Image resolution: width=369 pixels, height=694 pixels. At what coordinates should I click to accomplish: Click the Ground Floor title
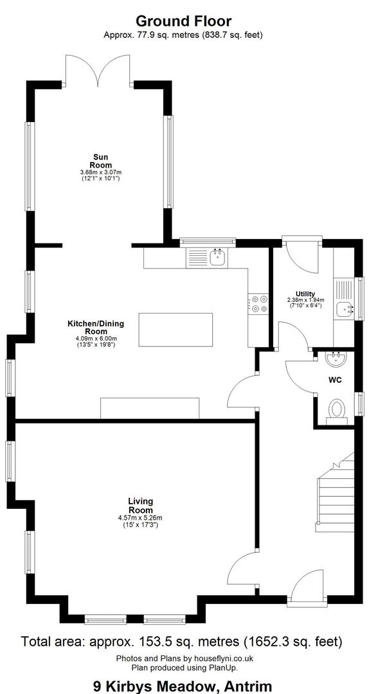click(x=183, y=21)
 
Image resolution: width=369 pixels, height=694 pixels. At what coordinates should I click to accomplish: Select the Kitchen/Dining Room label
click(x=96, y=328)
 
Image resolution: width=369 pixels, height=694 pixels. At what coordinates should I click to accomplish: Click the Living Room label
click(x=140, y=506)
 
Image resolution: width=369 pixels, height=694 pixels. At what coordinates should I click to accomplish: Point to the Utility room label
click(x=305, y=294)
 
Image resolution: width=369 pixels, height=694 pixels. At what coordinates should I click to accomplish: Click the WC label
click(x=334, y=380)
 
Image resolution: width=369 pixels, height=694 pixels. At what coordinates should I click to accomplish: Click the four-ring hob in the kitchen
click(x=258, y=303)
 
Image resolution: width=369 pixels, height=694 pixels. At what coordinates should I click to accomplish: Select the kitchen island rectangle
click(x=175, y=330)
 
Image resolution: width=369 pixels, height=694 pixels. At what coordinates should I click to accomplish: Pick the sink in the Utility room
click(x=345, y=309)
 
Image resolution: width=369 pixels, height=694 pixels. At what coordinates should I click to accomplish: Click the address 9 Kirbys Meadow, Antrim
click(x=183, y=686)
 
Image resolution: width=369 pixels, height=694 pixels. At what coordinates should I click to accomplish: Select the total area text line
click(x=182, y=641)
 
